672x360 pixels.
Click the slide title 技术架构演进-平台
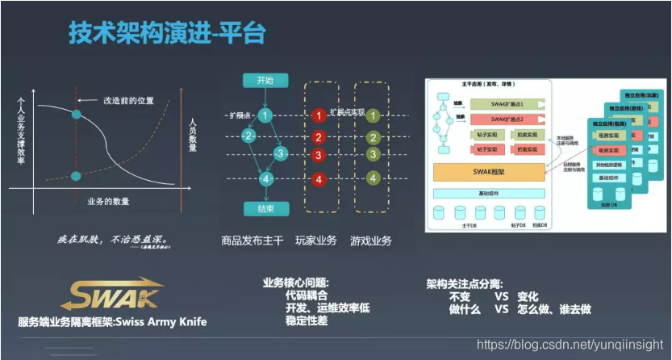tap(167, 34)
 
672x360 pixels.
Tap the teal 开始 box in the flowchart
tap(265, 81)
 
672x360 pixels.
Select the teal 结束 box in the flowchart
tap(265, 209)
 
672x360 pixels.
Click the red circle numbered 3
tap(319, 154)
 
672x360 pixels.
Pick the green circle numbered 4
tap(373, 178)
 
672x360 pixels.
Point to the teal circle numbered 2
tap(250, 136)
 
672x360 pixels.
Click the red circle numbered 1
tap(319, 115)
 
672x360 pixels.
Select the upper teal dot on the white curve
tap(76, 115)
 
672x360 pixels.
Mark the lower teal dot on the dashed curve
tap(76, 176)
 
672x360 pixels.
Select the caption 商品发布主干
tap(253, 241)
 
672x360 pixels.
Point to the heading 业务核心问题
tap(296, 283)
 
